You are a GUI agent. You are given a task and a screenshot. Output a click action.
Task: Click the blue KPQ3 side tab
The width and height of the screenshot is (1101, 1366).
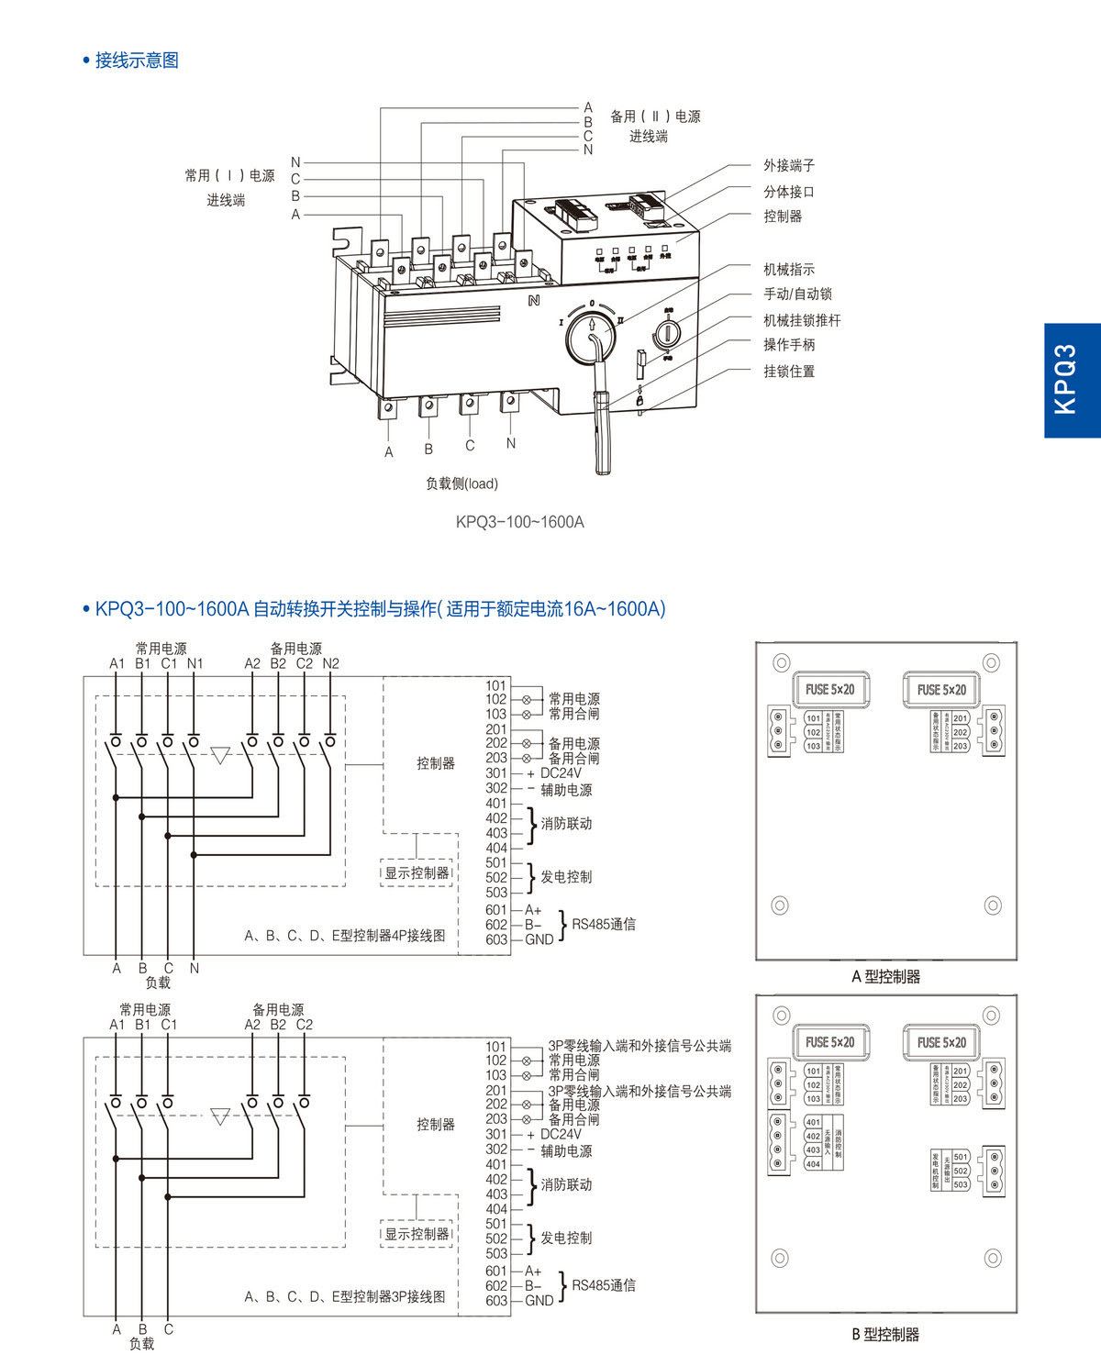[x=1072, y=380]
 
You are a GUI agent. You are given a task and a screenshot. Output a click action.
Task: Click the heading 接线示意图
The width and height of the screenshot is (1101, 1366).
[x=137, y=61]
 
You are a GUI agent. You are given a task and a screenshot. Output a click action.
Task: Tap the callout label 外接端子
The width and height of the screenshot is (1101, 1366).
[x=789, y=165]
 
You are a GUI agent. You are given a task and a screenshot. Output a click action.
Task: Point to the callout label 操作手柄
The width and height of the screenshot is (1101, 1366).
[x=789, y=345]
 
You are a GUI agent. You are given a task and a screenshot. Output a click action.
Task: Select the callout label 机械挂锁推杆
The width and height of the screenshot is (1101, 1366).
[x=802, y=320]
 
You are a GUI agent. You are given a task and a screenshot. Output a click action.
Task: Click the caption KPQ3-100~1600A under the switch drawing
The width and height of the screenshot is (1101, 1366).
[x=519, y=522]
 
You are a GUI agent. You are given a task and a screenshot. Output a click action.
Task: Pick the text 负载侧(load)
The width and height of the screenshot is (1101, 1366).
[x=462, y=483]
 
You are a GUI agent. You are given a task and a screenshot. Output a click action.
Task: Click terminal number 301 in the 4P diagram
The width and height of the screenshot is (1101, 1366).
[x=496, y=773]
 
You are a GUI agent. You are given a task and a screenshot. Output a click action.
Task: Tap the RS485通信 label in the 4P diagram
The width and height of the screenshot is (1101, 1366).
[x=604, y=924]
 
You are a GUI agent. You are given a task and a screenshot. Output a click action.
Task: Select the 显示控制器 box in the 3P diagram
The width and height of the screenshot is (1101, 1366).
[x=417, y=1234]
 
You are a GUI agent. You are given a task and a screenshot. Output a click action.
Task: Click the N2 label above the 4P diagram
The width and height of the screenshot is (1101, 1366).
[x=330, y=663]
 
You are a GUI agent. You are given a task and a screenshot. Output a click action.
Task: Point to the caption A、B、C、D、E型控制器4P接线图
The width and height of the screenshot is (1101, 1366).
[x=345, y=936]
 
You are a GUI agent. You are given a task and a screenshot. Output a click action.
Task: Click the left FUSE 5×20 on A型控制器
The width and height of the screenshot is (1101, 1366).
[x=829, y=690]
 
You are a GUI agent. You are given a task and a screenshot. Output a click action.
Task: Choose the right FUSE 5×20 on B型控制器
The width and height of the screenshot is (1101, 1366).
[x=941, y=1043]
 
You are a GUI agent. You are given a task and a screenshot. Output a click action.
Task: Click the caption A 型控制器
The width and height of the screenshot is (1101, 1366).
[x=885, y=977]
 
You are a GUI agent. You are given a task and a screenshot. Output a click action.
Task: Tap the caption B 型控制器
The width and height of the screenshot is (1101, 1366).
[x=885, y=1335]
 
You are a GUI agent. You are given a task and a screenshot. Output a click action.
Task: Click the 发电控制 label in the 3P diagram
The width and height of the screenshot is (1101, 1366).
[x=566, y=1238]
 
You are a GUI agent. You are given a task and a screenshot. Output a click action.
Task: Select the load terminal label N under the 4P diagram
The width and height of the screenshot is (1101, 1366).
[x=195, y=968]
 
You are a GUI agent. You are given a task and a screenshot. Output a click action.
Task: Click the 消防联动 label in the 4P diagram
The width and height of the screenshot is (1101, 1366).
[x=566, y=824]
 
